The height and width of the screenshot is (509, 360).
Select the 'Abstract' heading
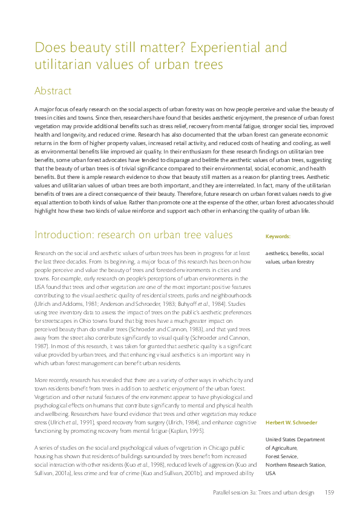pos(53,91)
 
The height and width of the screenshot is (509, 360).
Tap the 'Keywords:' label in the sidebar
pos(278,236)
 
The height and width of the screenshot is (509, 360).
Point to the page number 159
pos(330,493)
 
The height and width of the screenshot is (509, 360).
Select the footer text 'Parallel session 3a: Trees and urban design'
pos(264,493)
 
